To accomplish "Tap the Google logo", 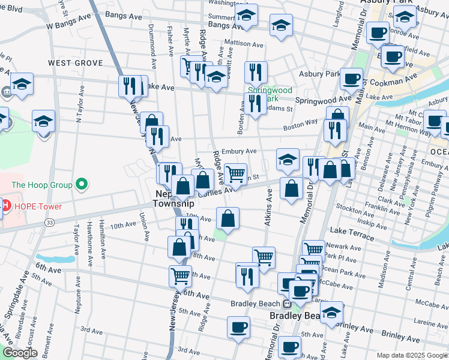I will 20,353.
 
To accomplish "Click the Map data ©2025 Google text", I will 411,355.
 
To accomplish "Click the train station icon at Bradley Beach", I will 287,304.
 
